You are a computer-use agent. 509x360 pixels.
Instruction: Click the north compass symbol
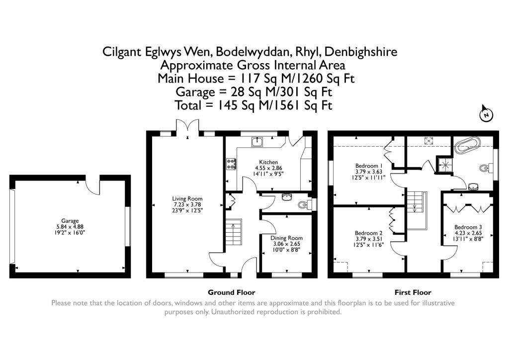pos(486,113)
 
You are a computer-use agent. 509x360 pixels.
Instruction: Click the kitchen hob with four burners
pos(231,164)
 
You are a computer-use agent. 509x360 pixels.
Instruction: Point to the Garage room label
pos(70,221)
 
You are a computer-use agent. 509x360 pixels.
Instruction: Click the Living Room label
pos(187,199)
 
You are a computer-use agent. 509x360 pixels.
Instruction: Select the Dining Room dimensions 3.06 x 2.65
pos(286,244)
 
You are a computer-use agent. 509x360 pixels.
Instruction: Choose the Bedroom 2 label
pos(368,233)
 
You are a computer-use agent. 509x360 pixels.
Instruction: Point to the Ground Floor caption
pos(232,292)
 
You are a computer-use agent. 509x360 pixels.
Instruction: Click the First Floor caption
pos(413,292)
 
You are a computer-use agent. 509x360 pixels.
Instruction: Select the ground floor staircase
pos(234,232)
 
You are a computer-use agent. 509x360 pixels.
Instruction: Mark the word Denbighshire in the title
pos(361,52)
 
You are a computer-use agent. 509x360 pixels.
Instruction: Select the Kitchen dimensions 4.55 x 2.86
pos(268,168)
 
